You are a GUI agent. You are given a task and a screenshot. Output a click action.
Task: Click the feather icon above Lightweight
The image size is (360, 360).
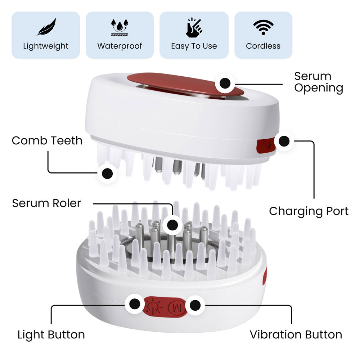(46, 27)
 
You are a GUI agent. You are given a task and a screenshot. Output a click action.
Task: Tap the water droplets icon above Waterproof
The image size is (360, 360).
(120, 27)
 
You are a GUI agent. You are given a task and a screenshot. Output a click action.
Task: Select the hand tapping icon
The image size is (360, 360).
(194, 27)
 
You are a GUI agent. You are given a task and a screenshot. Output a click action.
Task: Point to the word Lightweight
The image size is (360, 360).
(46, 46)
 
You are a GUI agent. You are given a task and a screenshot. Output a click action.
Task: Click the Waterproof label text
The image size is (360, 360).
(120, 46)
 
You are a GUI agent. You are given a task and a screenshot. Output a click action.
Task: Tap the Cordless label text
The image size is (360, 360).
(263, 46)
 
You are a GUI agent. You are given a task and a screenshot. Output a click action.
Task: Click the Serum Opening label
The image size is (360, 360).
(319, 82)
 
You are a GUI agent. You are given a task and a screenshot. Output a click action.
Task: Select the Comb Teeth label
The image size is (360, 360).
(47, 140)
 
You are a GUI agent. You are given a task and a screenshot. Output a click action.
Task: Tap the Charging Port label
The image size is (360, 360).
(309, 211)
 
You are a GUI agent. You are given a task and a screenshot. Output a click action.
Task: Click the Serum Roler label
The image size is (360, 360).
(46, 203)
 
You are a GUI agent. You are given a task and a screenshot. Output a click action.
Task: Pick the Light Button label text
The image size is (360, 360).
(51, 335)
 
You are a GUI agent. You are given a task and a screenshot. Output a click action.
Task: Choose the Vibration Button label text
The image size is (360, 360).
(296, 334)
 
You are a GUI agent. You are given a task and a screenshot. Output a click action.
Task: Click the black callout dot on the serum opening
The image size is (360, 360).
(225, 83)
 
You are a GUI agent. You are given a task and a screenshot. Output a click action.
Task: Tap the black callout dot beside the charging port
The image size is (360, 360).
(284, 141)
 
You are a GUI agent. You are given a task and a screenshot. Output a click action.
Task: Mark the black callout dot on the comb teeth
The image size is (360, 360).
(107, 174)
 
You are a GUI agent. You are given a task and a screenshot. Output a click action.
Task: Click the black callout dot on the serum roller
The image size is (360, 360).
(173, 225)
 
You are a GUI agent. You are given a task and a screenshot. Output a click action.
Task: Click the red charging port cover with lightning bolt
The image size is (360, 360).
(266, 146)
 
